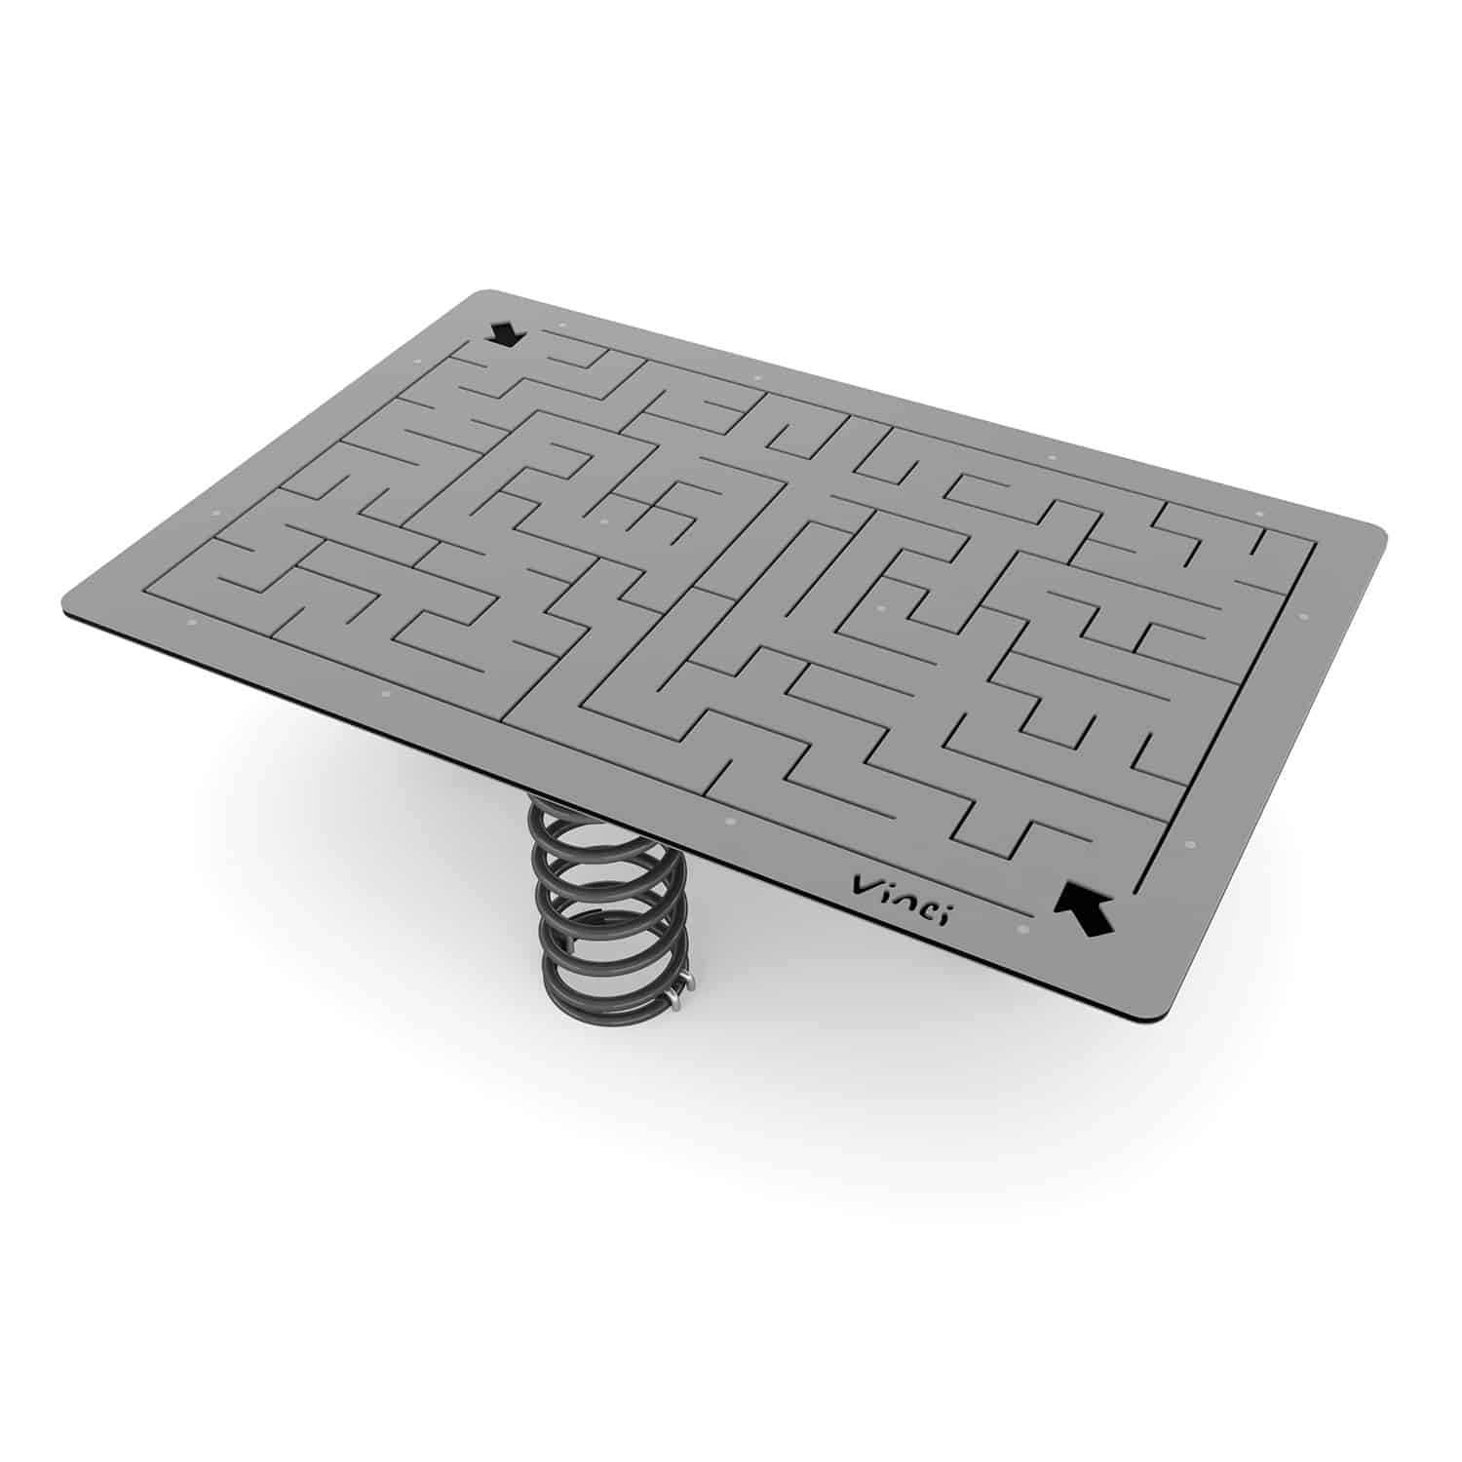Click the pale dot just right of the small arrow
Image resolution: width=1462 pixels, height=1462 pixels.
pos(561,325)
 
